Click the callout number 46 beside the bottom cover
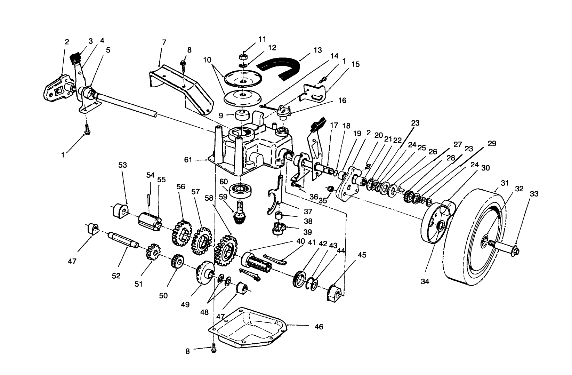pyautogui.click(x=319, y=327)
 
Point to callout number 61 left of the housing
pyautogui.click(x=188, y=160)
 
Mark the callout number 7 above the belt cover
pyautogui.click(x=164, y=42)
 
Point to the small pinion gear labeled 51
pyautogui.click(x=153, y=251)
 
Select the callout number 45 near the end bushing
pyautogui.click(x=362, y=255)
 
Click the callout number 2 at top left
pyautogui.click(x=67, y=42)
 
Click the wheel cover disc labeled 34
pyautogui.click(x=435, y=226)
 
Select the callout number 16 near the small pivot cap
pyautogui.click(x=342, y=101)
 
